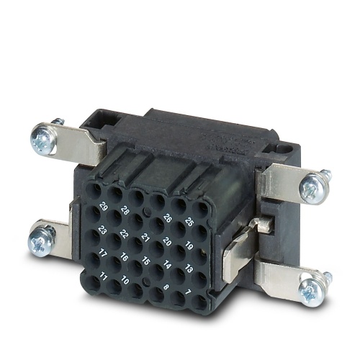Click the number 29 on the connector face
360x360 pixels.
click(x=105, y=207)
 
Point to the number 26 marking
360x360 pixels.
click(x=167, y=217)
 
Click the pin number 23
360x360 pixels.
click(x=104, y=230)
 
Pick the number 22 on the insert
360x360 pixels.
click(x=124, y=235)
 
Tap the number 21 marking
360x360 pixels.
click(x=145, y=238)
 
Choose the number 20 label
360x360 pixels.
click(x=166, y=242)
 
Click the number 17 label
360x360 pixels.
click(x=104, y=253)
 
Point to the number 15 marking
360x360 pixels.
click(x=145, y=261)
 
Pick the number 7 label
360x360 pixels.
click(x=189, y=292)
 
